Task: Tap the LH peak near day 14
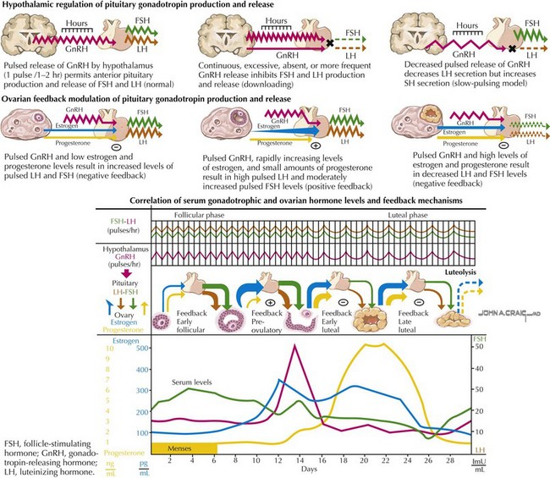tap(294, 347)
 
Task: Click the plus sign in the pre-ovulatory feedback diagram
tap(270, 301)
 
